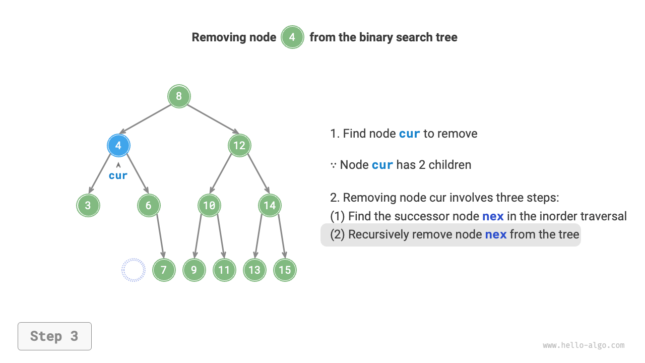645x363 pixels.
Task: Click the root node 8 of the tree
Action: pyautogui.click(x=179, y=96)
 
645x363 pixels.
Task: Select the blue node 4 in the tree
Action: pyautogui.click(x=118, y=146)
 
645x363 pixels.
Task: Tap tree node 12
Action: pyautogui.click(x=239, y=146)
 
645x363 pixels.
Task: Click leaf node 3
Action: pyautogui.click(x=88, y=206)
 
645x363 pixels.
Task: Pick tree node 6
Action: pyautogui.click(x=149, y=206)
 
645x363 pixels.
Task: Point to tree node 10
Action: pyautogui.click(x=209, y=206)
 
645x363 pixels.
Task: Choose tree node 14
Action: pyautogui.click(x=270, y=206)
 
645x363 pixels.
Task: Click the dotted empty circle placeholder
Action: pyautogui.click(x=134, y=270)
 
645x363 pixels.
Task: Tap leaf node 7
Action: pyautogui.click(x=164, y=270)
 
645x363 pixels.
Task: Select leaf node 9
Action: pyautogui.click(x=194, y=270)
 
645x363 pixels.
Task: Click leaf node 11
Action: pyautogui.click(x=224, y=270)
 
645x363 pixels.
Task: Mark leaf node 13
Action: pyautogui.click(x=254, y=270)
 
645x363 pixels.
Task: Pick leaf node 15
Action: pyautogui.click(x=285, y=270)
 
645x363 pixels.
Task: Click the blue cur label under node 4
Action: pyautogui.click(x=118, y=176)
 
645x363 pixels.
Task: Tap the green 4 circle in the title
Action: pyautogui.click(x=292, y=37)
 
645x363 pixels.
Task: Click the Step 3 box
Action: pyautogui.click(x=54, y=336)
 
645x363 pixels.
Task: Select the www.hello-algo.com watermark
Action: pyautogui.click(x=584, y=345)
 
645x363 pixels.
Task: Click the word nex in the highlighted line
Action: pyautogui.click(x=495, y=234)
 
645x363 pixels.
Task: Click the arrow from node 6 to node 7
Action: pyautogui.click(x=160, y=237)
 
